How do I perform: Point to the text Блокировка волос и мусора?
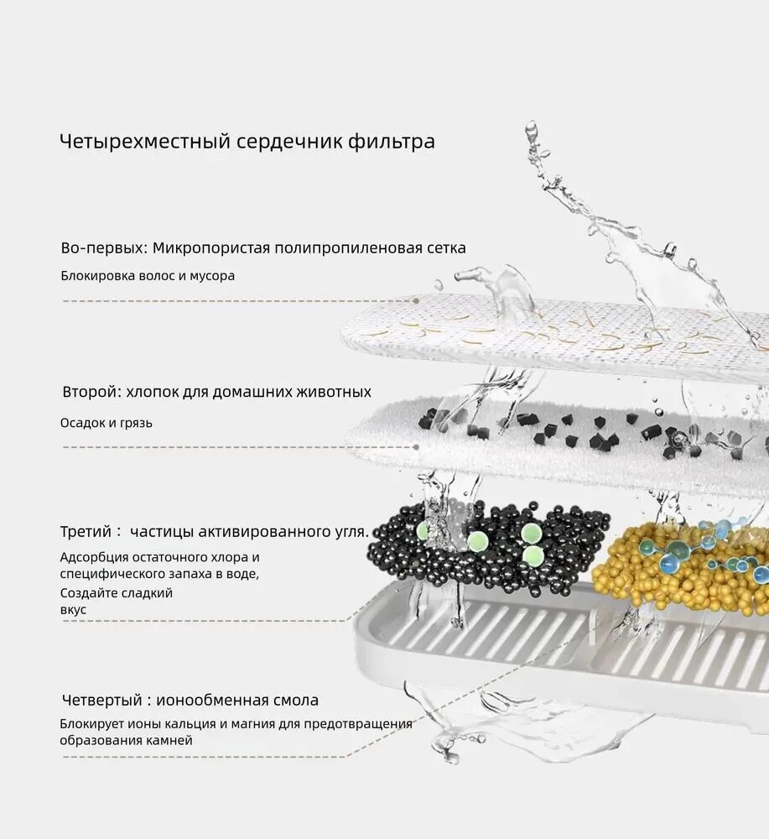(148, 276)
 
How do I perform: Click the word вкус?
(73, 610)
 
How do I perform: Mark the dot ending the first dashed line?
(417, 300)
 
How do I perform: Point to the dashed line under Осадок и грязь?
(235, 447)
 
